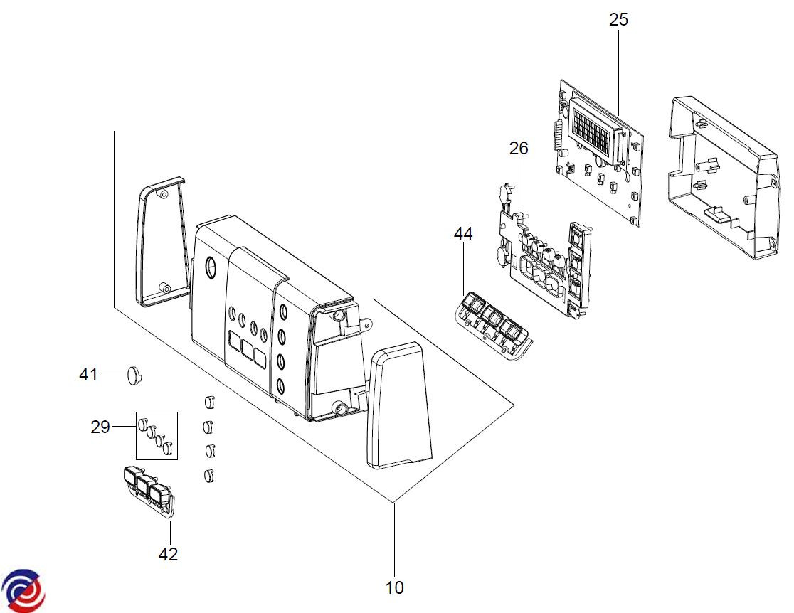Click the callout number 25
618,20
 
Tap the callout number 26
519,149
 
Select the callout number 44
463,233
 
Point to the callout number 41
88,375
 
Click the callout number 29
100,427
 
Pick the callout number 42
168,554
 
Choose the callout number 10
394,587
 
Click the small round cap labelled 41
134,375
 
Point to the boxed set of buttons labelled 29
156,435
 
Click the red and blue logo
23,590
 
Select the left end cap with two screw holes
161,242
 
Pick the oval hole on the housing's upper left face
210,267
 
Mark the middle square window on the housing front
248,350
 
